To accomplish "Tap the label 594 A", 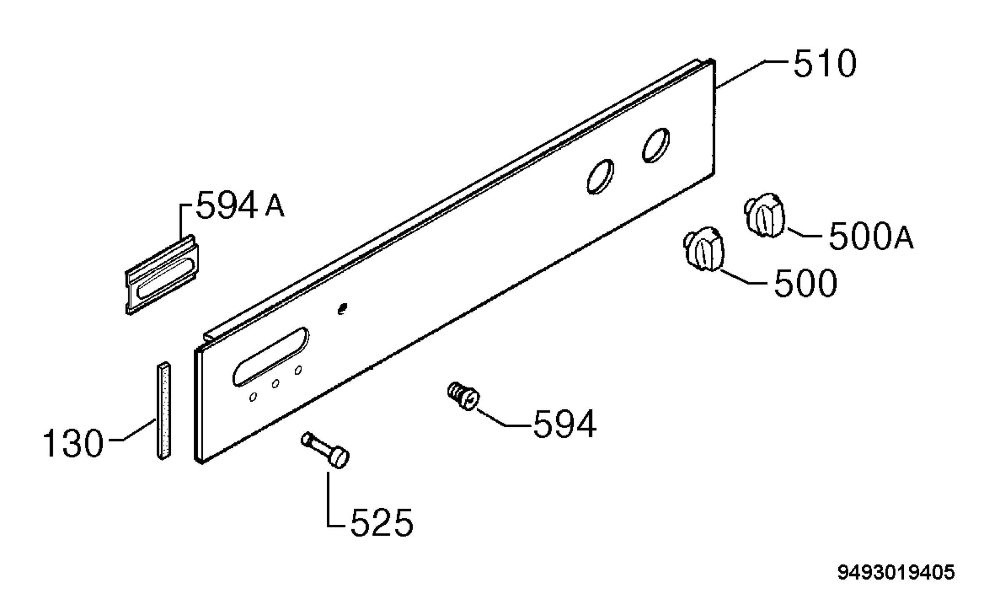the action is (x=240, y=205).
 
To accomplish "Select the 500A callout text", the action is (x=871, y=236).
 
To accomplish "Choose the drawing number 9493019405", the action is (x=896, y=573).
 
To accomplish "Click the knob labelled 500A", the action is (x=764, y=216).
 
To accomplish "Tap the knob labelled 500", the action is (x=704, y=250).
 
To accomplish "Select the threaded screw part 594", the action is (x=462, y=396).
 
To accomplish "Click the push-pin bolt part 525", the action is (x=325, y=450).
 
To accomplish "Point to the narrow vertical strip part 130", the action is (x=164, y=410).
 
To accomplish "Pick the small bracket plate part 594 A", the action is (x=162, y=274).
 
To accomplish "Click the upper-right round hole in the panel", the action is (x=656, y=145).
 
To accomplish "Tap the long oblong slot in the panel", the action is (x=271, y=357).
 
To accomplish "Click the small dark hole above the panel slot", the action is (x=342, y=309).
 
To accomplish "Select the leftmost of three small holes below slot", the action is (x=253, y=398).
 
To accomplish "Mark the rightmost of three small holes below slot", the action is (x=298, y=370).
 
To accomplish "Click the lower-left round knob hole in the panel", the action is (x=600, y=176).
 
